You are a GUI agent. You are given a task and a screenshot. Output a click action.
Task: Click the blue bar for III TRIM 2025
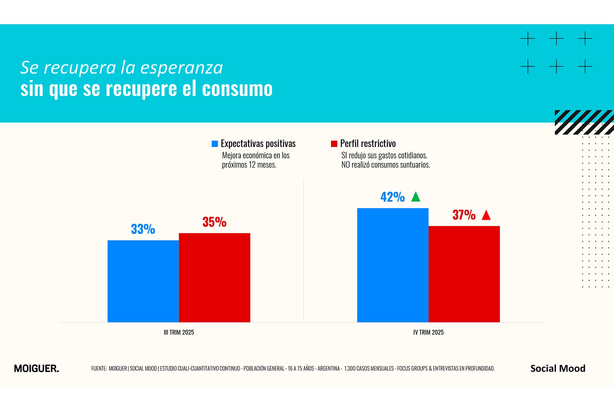coord(143,281)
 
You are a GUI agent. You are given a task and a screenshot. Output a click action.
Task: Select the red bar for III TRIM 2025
coord(215,278)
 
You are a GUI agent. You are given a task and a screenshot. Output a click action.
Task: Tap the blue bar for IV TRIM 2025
coord(393,265)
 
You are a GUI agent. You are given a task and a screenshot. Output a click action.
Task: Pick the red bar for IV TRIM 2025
coord(464,274)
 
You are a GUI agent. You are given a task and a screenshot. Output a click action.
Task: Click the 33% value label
coord(143,229)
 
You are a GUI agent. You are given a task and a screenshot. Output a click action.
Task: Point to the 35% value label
coord(215,222)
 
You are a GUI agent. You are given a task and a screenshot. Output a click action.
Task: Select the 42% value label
coord(393,197)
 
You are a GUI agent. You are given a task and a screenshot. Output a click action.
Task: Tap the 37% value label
coord(464,215)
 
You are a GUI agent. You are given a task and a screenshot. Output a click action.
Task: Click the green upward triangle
coord(416,197)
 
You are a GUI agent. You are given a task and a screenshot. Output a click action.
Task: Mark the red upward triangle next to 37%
coord(486,215)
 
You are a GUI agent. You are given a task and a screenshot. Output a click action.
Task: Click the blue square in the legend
coord(215,144)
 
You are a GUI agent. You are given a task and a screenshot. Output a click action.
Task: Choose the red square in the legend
coord(334,144)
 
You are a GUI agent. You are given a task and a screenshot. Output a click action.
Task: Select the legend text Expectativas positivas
coord(258,144)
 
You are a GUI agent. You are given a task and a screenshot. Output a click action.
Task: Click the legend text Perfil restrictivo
coord(368,144)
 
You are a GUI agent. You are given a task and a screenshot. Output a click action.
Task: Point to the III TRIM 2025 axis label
coord(179,332)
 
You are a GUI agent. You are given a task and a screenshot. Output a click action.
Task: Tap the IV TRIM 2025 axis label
coord(428,332)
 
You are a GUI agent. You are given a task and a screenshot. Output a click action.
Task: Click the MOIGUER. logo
coord(37,368)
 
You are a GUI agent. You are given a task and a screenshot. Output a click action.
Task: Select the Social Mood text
coord(558,368)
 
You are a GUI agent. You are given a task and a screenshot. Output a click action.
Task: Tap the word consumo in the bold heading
coord(237,89)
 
